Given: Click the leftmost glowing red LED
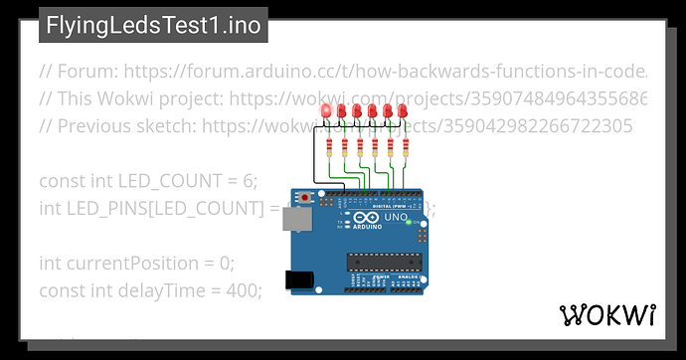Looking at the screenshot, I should click(x=327, y=110).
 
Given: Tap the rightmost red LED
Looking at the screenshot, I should click(x=403, y=110).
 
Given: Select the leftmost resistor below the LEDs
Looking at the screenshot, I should click(x=329, y=147).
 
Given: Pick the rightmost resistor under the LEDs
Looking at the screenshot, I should click(x=404, y=147).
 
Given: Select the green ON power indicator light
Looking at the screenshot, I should click(x=409, y=222).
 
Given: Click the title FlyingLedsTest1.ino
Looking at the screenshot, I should click(x=152, y=25).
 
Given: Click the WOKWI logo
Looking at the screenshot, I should click(x=607, y=315).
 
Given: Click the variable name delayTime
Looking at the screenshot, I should click(x=161, y=290).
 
